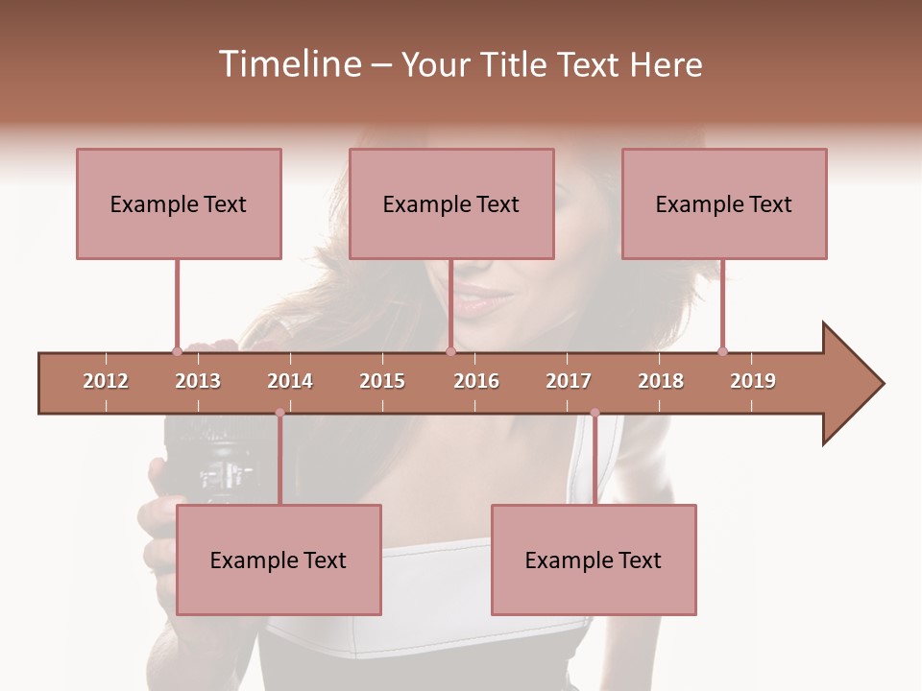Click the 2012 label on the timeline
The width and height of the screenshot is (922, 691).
coord(106,381)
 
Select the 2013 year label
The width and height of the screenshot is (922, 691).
coord(198,381)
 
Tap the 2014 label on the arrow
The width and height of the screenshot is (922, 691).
coord(290,381)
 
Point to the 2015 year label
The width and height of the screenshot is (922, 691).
coord(382,381)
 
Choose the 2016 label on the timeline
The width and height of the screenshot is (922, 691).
coord(476,381)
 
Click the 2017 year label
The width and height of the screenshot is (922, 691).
coord(569,381)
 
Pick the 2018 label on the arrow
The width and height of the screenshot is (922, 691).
coord(661,381)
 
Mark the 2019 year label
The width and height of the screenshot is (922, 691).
coord(753,381)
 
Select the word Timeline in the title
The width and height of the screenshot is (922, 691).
coord(288,64)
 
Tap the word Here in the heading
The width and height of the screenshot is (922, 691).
coord(666,64)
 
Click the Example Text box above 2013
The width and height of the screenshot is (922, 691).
coord(179,203)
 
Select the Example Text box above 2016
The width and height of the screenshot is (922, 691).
coord(451,203)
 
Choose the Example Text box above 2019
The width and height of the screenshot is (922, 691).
coord(724,203)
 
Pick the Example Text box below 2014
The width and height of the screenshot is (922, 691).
coord(279,560)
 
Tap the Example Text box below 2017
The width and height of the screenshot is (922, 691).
coord(594,560)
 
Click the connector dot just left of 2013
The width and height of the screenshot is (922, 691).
coord(177,351)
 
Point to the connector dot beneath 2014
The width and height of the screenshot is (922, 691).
coord(279,413)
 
